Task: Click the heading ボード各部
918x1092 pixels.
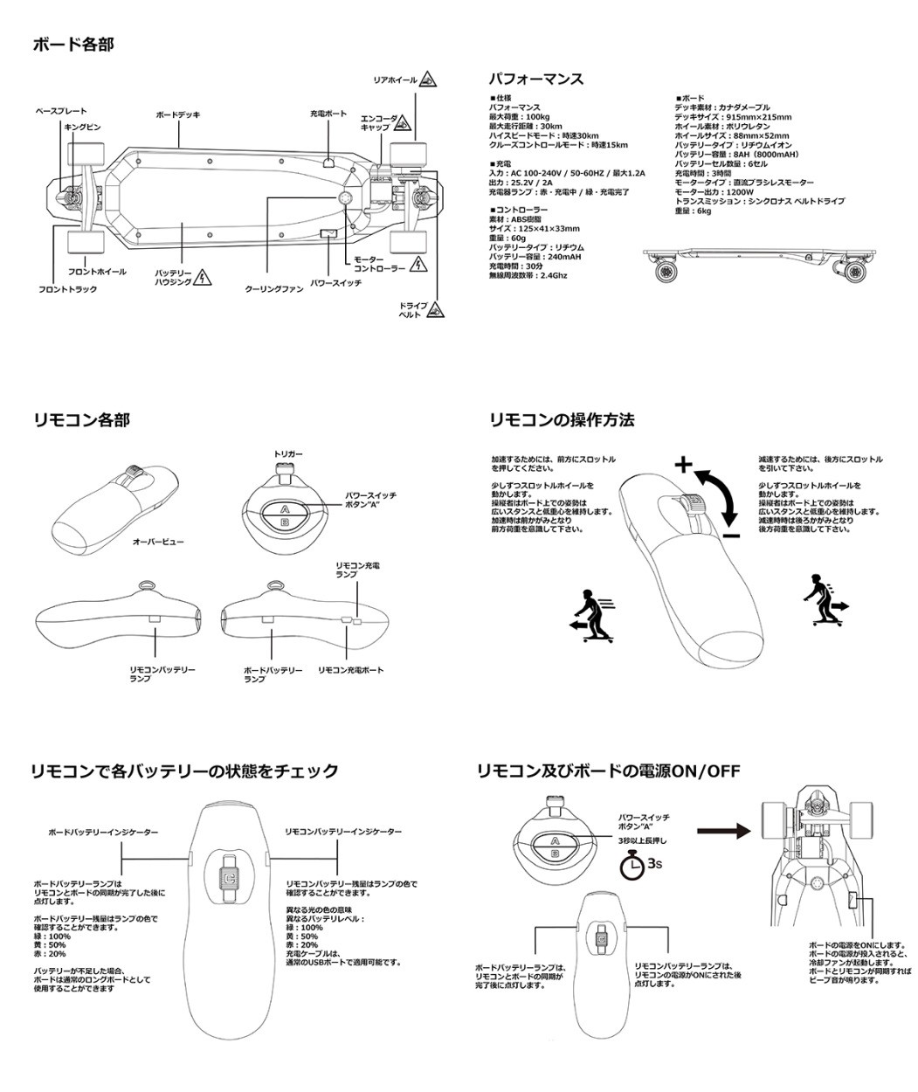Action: [73, 44]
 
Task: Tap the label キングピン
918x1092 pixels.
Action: [83, 127]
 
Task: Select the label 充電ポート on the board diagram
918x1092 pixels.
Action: [328, 114]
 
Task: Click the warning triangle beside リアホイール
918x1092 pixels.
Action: [427, 79]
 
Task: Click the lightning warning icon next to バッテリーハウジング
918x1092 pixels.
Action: [204, 277]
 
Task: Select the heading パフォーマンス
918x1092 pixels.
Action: [536, 79]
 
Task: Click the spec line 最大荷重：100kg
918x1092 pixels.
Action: [519, 117]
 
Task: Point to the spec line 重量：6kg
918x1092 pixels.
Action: [694, 211]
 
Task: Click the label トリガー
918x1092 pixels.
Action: [288, 454]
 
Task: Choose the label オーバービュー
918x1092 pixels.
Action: [158, 542]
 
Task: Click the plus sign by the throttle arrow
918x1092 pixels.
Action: [682, 464]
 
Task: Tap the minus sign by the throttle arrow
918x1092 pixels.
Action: [732, 536]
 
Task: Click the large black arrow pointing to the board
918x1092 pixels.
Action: [724, 831]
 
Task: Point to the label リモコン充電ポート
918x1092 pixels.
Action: [350, 669]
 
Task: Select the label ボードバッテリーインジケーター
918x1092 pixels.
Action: [103, 833]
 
